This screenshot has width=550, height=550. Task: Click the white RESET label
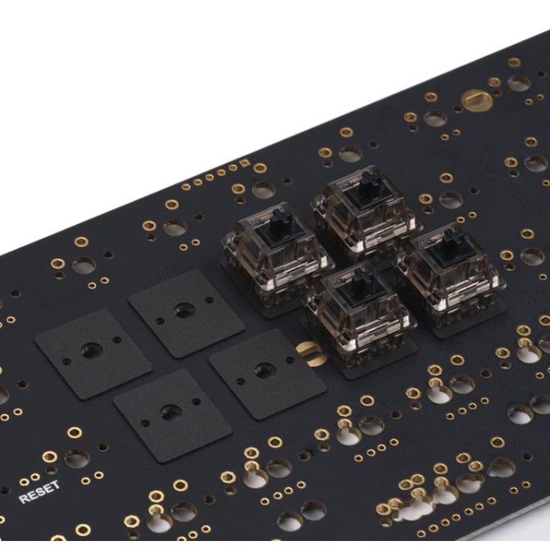pyautogui.click(x=39, y=492)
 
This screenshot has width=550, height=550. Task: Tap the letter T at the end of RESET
pyautogui.click(x=56, y=486)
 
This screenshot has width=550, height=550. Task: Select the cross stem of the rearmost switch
pyautogui.click(x=367, y=181)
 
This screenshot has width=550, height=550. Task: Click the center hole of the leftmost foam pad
pyautogui.click(x=90, y=351)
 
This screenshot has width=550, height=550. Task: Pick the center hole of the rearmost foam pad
pyautogui.click(x=184, y=310)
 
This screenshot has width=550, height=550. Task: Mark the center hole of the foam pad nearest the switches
pyautogui.click(x=264, y=371)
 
